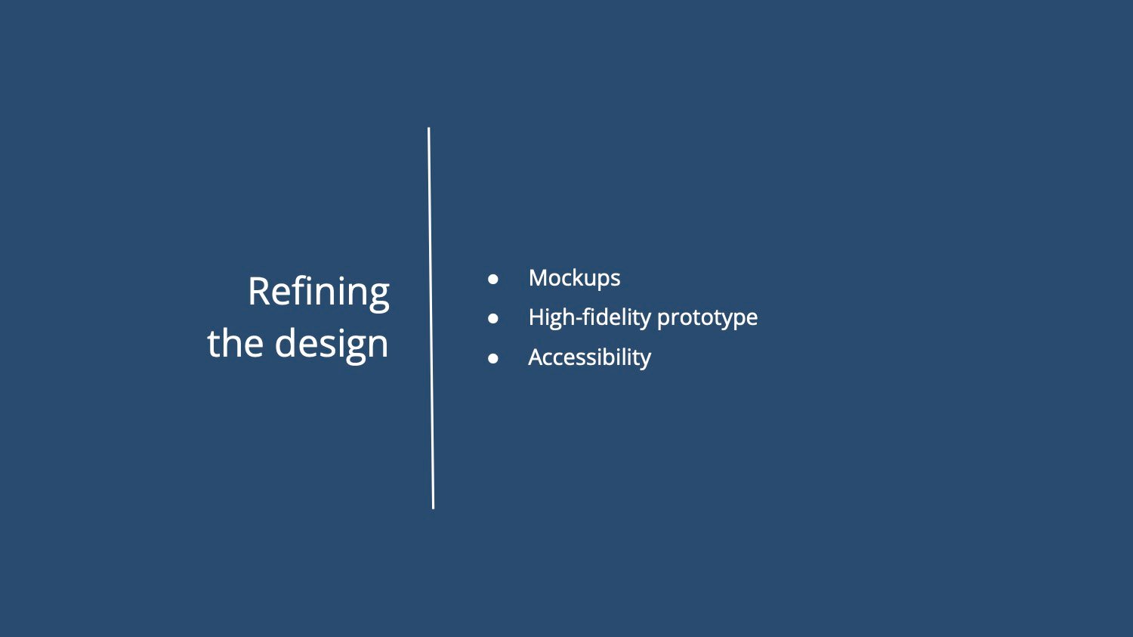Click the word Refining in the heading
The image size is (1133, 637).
[x=319, y=294]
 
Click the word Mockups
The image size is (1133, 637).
[x=574, y=279]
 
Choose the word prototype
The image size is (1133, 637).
[x=707, y=320]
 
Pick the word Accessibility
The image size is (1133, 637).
[x=589, y=358]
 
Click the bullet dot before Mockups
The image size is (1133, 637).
[x=493, y=279]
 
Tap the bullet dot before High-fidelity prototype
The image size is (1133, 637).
[x=493, y=318]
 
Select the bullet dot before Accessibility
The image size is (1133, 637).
[x=493, y=358]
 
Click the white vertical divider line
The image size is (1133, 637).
[x=431, y=318]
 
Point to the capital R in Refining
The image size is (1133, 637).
[x=260, y=292]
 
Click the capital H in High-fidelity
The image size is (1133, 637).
[x=536, y=317]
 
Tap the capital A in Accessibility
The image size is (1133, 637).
[x=536, y=357]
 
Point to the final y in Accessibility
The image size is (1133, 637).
[x=645, y=360]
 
